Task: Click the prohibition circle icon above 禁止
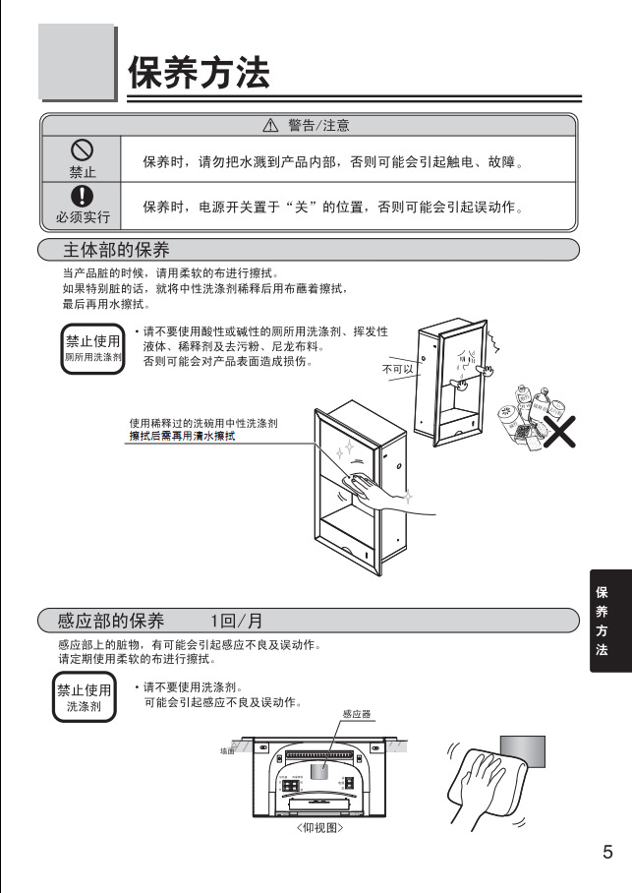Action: (82, 149)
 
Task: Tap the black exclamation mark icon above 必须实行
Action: (82, 196)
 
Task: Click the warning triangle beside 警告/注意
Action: (271, 126)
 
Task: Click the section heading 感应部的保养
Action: (111, 621)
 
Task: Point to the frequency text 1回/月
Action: (236, 621)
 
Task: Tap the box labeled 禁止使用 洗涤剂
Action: (85, 697)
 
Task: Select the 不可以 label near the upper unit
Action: (397, 369)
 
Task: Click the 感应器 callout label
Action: (356, 714)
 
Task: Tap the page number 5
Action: (607, 852)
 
